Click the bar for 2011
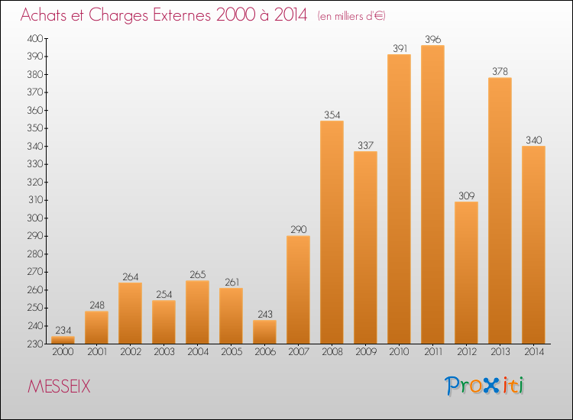(x=432, y=195)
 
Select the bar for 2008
(x=332, y=232)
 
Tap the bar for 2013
(x=500, y=211)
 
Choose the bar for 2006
(x=264, y=332)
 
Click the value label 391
(x=399, y=48)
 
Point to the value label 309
(x=466, y=195)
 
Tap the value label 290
(x=298, y=230)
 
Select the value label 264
(x=130, y=276)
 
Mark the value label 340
(x=533, y=140)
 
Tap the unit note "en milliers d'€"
(x=357, y=16)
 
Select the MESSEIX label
(x=59, y=387)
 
